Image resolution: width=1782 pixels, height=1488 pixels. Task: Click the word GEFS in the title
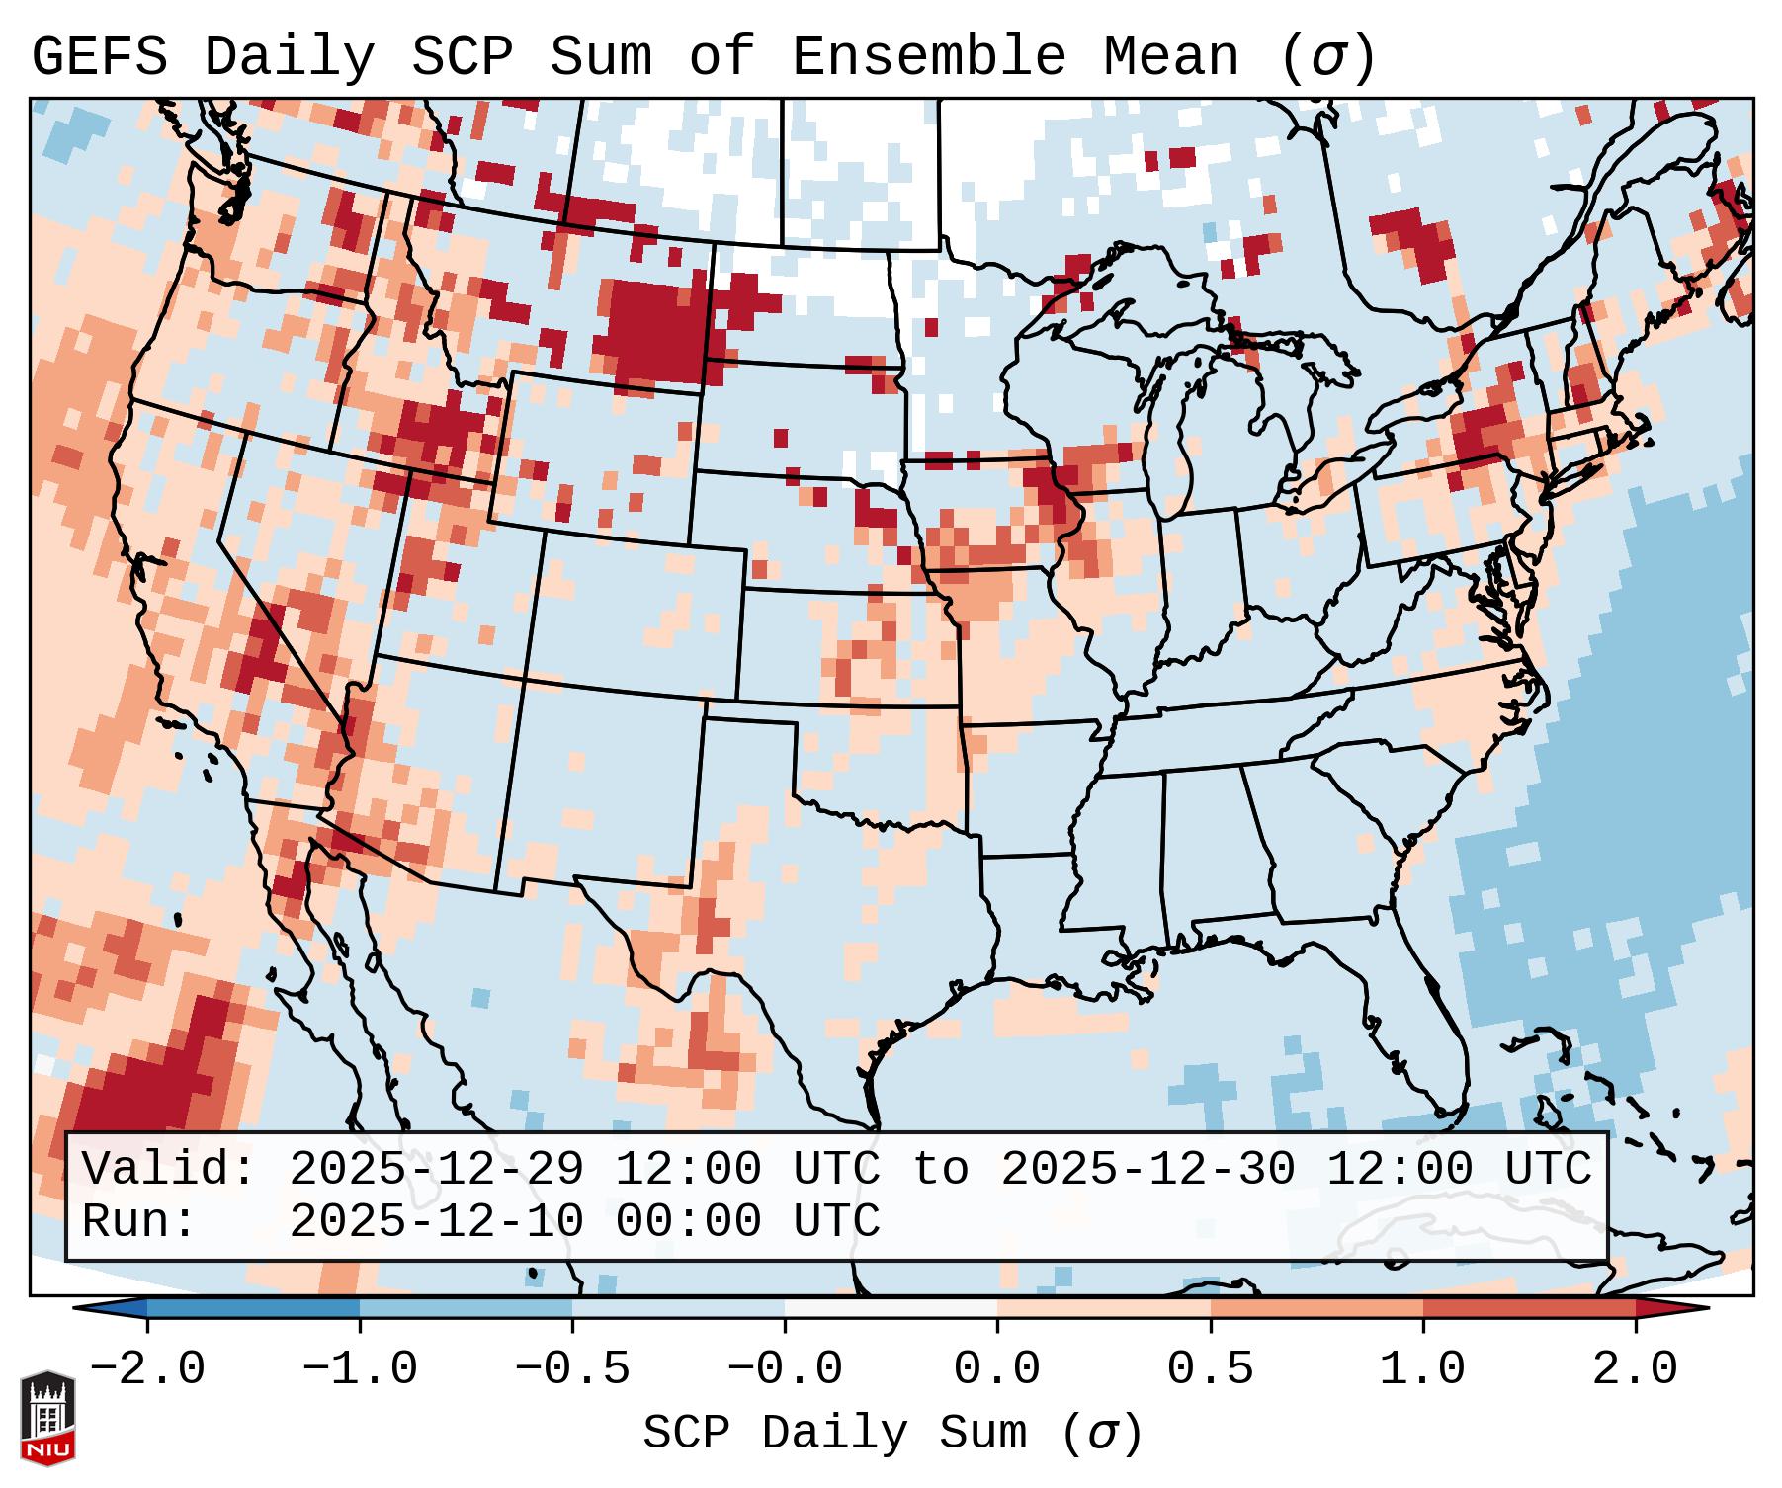coord(99,57)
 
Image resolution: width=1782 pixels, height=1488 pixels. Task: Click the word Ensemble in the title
coord(929,57)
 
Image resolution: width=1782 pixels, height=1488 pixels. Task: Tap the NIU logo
coord(47,1417)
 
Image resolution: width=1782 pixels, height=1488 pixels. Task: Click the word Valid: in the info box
coord(168,1170)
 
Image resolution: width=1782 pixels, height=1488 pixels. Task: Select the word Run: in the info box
coord(138,1221)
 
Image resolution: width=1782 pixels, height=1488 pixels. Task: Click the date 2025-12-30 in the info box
coord(1147,1170)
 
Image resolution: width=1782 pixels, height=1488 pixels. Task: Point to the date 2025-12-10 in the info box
coord(436,1221)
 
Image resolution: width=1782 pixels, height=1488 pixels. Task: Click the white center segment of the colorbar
coord(891,1308)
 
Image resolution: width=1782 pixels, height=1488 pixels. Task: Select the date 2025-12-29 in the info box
coord(436,1170)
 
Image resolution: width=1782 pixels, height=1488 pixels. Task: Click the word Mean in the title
coord(1171,57)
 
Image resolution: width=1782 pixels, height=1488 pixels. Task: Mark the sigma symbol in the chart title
coord(1326,57)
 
